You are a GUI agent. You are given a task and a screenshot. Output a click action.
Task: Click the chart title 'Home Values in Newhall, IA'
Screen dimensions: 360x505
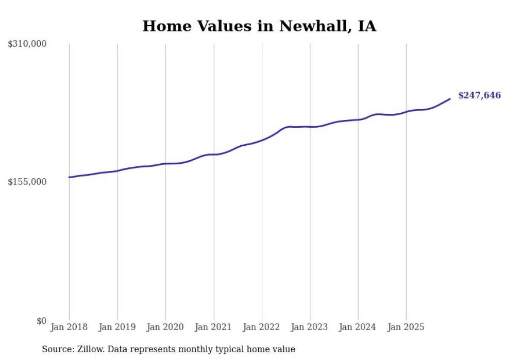[259, 26]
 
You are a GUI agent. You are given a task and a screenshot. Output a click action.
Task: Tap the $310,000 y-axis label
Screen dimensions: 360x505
[27, 44]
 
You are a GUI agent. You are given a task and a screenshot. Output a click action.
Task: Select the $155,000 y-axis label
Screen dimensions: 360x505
[27, 182]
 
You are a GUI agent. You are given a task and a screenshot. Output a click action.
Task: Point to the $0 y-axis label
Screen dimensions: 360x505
[41, 321]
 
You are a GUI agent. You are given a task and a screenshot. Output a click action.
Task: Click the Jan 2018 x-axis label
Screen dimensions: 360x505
[69, 327]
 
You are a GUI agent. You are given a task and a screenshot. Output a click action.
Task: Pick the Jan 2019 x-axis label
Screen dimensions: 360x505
[117, 327]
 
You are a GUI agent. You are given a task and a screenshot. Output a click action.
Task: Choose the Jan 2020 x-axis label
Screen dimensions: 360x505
[165, 327]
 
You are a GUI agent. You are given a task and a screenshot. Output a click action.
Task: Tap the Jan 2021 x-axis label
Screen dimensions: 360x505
[213, 327]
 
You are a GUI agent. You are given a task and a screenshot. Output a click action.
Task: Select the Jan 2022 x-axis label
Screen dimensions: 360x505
[262, 327]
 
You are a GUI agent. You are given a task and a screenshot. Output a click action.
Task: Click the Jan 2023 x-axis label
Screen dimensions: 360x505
[310, 327]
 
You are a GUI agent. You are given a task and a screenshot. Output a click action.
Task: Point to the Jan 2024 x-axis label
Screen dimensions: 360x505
[358, 327]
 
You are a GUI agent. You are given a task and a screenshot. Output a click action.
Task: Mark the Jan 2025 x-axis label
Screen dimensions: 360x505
[406, 327]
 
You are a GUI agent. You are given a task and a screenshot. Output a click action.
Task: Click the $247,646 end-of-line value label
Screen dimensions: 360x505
[479, 95]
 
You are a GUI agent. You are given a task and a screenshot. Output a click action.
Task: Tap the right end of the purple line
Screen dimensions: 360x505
[450, 99]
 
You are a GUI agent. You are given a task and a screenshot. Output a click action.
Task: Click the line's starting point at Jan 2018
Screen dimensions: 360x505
[69, 177]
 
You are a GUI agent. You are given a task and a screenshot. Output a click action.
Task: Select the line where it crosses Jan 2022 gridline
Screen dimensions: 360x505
[262, 140]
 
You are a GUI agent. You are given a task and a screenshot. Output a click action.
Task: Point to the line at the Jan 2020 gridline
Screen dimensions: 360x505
[165, 164]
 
